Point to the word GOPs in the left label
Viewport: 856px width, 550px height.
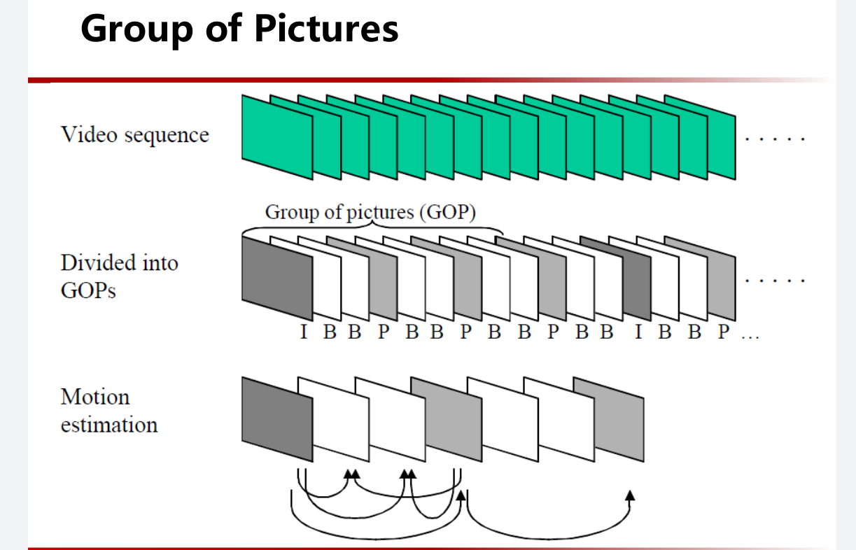(88, 291)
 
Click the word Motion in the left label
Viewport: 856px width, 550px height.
(95, 397)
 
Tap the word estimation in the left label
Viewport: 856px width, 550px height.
(109, 425)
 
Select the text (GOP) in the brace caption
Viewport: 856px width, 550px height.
(447, 213)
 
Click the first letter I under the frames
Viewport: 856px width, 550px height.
(304, 332)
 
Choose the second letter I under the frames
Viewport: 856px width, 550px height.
(638, 332)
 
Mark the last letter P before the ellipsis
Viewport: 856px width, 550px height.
(724, 332)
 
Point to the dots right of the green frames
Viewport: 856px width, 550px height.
(776, 139)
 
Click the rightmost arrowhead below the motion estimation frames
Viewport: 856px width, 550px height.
(630, 495)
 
